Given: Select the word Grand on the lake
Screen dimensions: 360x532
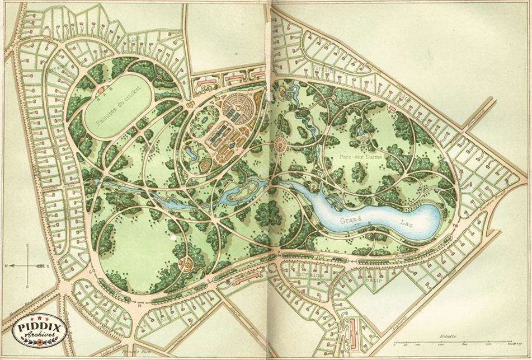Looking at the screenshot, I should pos(351,220).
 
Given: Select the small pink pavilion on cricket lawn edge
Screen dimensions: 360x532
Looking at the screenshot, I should pos(101,89).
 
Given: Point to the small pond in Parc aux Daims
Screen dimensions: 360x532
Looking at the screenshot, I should pos(362,137).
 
